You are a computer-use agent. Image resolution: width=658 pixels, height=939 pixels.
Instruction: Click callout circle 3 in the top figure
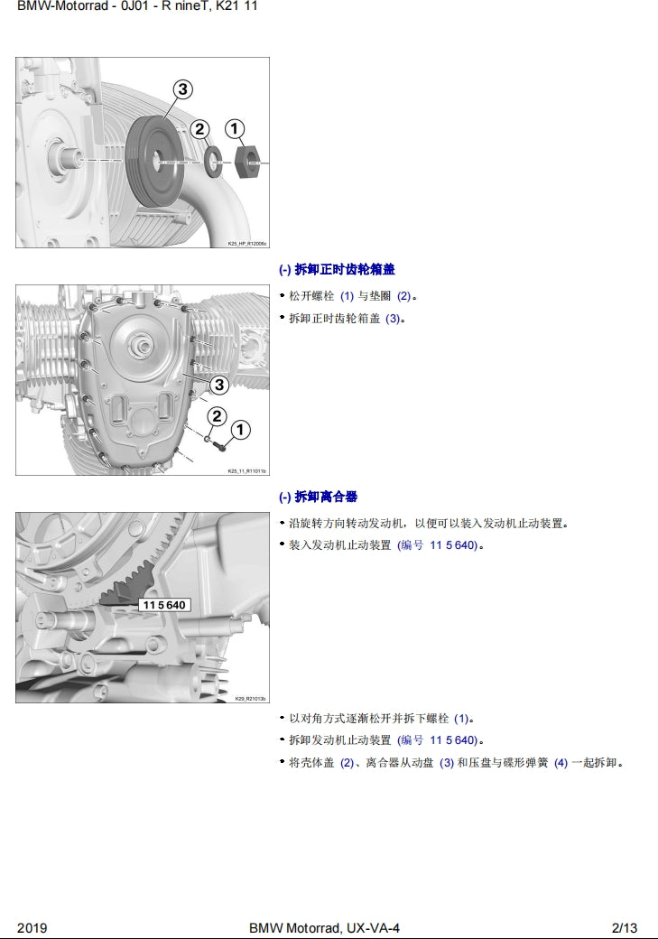pos(182,88)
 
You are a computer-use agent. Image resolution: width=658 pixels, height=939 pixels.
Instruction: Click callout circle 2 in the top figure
pos(200,129)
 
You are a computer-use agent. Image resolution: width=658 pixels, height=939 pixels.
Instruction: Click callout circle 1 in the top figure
pos(234,129)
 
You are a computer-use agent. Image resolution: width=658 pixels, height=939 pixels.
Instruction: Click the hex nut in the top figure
pos(247,161)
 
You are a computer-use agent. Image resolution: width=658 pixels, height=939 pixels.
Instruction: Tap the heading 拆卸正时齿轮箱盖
pos(337,269)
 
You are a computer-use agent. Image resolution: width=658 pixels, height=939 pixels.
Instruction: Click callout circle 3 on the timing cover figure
pos(218,386)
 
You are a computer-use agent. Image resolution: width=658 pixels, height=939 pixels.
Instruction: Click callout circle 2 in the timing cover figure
pos(217,416)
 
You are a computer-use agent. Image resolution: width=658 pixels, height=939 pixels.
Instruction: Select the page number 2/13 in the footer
pos(624,928)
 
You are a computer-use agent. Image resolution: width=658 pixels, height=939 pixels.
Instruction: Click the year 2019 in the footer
pos(32,928)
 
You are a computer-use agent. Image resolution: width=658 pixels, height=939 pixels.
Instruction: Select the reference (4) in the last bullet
pos(561,763)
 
